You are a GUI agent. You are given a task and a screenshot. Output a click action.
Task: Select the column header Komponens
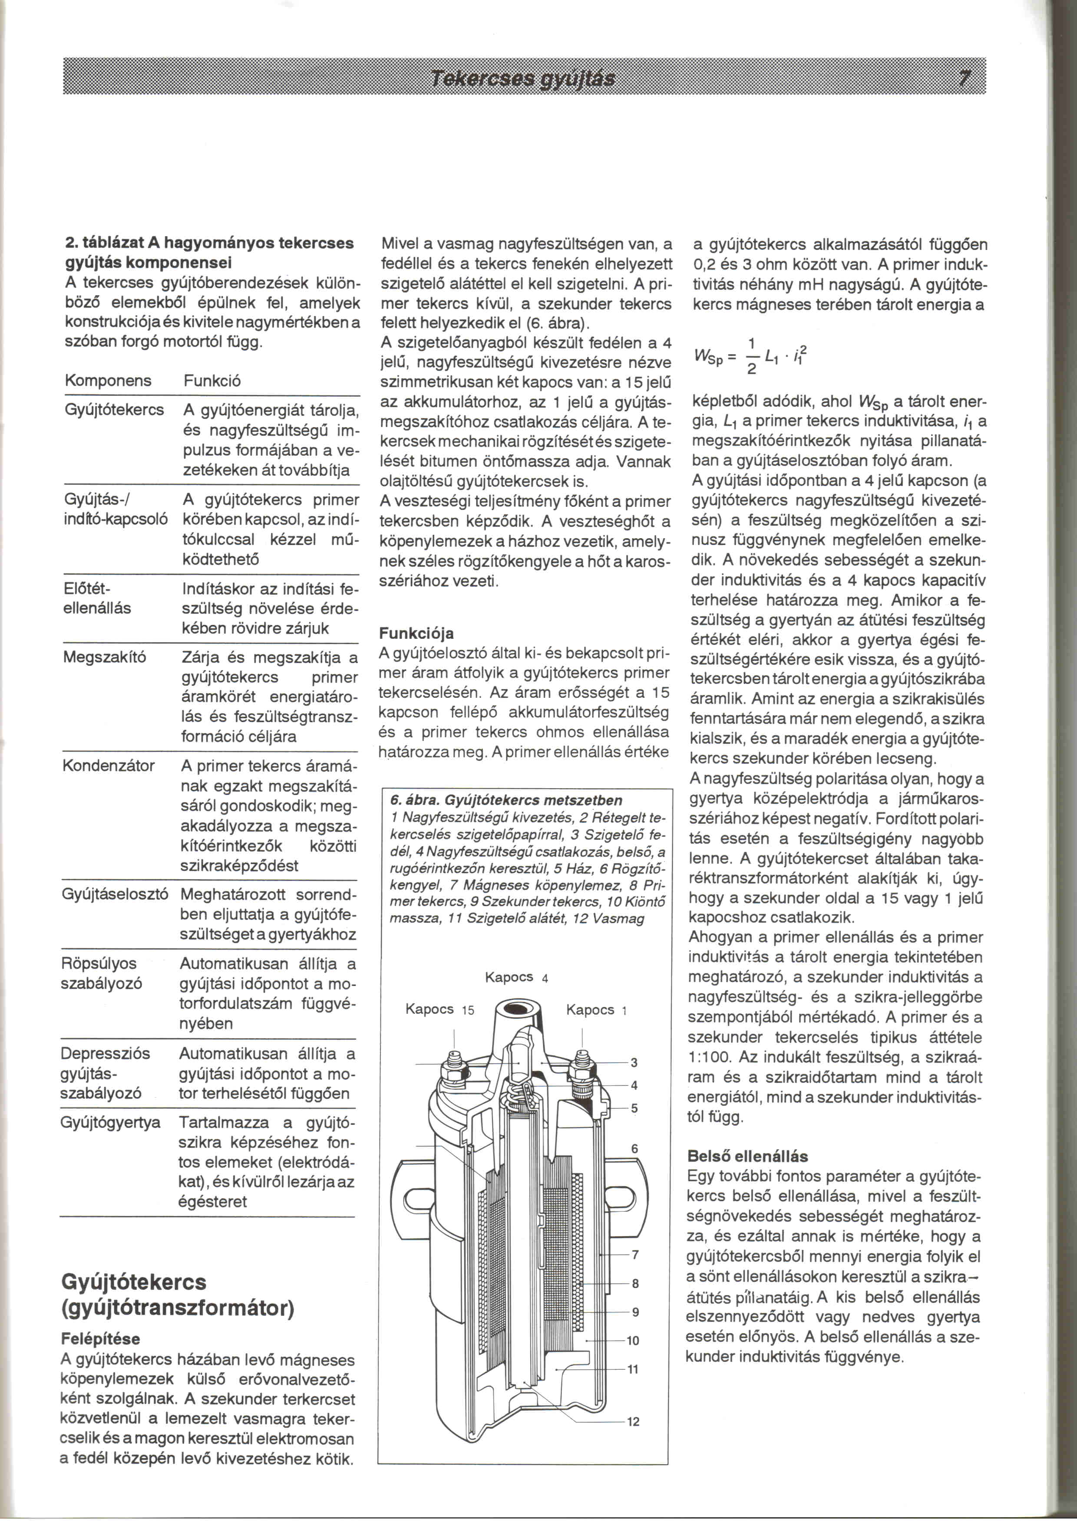pos(108,381)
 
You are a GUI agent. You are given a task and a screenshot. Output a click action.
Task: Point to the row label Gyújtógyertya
pos(111,1122)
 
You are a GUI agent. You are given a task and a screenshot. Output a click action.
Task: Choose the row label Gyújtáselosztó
pos(115,894)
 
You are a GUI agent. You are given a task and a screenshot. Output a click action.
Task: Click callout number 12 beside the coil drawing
pos(633,1422)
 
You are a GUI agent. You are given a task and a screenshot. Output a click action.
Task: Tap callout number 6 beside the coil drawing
pos(634,1148)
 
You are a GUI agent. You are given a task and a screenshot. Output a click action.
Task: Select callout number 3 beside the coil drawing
pos(634,1062)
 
